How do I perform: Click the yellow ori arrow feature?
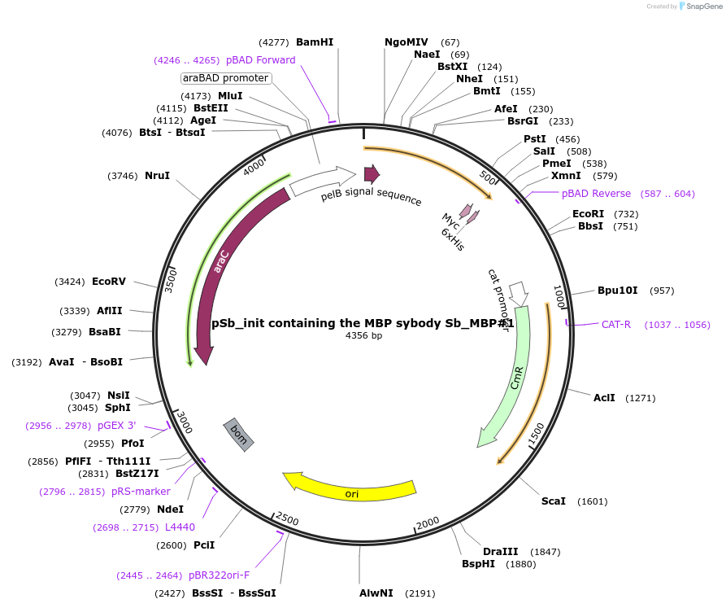350,488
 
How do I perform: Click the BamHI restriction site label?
315,42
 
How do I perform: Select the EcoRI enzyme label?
589,213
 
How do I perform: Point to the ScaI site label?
554,501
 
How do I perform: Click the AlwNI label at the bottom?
376,593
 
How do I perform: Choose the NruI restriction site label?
157,175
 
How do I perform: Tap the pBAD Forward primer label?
260,59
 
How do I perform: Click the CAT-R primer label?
616,325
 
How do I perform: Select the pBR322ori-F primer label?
220,575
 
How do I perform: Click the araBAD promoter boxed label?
225,78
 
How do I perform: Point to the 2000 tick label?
428,523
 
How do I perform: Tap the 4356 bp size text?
363,335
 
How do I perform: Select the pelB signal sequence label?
371,196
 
